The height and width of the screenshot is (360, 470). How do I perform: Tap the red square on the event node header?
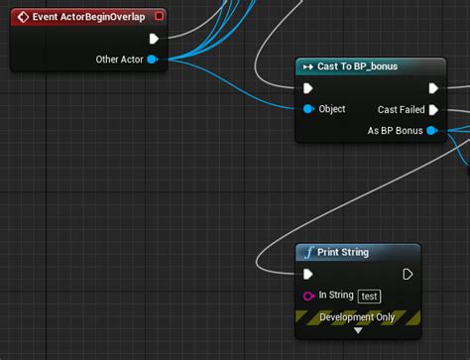159,16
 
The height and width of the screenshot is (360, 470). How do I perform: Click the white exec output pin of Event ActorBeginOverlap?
154,39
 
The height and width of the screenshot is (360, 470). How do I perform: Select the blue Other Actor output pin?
152,60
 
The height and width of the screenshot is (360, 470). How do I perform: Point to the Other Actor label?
119,60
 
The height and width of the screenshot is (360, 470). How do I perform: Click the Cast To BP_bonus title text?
356,66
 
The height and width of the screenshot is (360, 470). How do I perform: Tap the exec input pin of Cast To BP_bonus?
309,88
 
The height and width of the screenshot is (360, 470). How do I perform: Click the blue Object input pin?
308,109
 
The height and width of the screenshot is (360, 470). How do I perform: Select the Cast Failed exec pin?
433,110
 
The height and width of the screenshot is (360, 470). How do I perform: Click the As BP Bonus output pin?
431,130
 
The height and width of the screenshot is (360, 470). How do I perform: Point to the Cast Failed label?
401,110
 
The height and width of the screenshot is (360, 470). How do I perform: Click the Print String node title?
342,252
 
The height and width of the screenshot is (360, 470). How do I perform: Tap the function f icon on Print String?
308,252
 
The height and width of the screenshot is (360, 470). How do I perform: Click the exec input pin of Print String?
309,274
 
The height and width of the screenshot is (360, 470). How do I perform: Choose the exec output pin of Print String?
408,274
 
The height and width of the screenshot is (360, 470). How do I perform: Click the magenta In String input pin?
308,296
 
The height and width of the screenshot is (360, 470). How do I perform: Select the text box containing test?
369,296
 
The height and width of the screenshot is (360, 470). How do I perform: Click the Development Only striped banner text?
357,317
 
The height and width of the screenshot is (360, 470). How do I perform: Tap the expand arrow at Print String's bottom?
358,330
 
